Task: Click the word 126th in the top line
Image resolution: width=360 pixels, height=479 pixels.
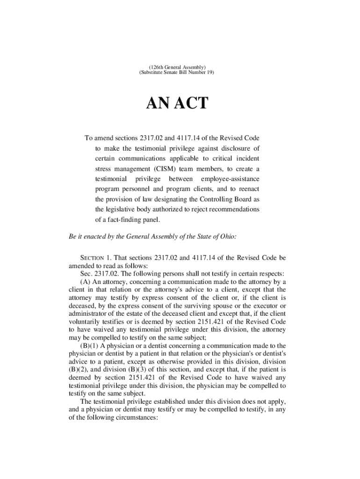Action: click(152, 67)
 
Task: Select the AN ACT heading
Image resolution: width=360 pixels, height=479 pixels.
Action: click(178, 103)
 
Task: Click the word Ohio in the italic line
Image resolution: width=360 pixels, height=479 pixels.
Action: click(226, 236)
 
